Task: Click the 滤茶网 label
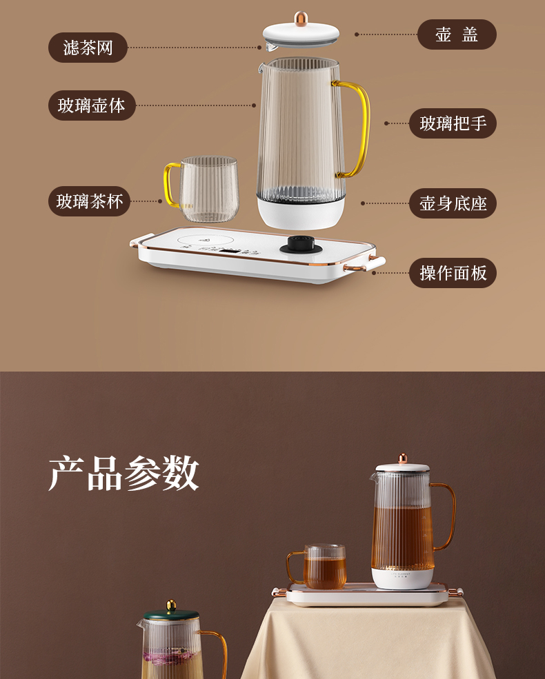tap(88, 47)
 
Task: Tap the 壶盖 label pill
tap(457, 34)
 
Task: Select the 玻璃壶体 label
tap(92, 105)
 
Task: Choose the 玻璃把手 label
tap(453, 123)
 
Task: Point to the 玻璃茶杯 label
tap(89, 201)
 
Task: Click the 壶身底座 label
tap(453, 203)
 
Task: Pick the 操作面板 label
tap(453, 273)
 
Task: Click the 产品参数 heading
tap(124, 474)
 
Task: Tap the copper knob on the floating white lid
tap(301, 18)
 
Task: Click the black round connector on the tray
tap(301, 245)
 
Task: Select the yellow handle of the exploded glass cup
tap(172, 185)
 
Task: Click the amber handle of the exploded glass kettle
tap(357, 129)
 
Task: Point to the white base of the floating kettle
tap(301, 212)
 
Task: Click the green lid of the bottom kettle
tap(171, 616)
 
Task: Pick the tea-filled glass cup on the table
tap(321, 567)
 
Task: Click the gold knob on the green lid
tap(172, 605)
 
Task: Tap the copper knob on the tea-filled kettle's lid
tap(402, 458)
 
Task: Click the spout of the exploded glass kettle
tap(261, 67)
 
